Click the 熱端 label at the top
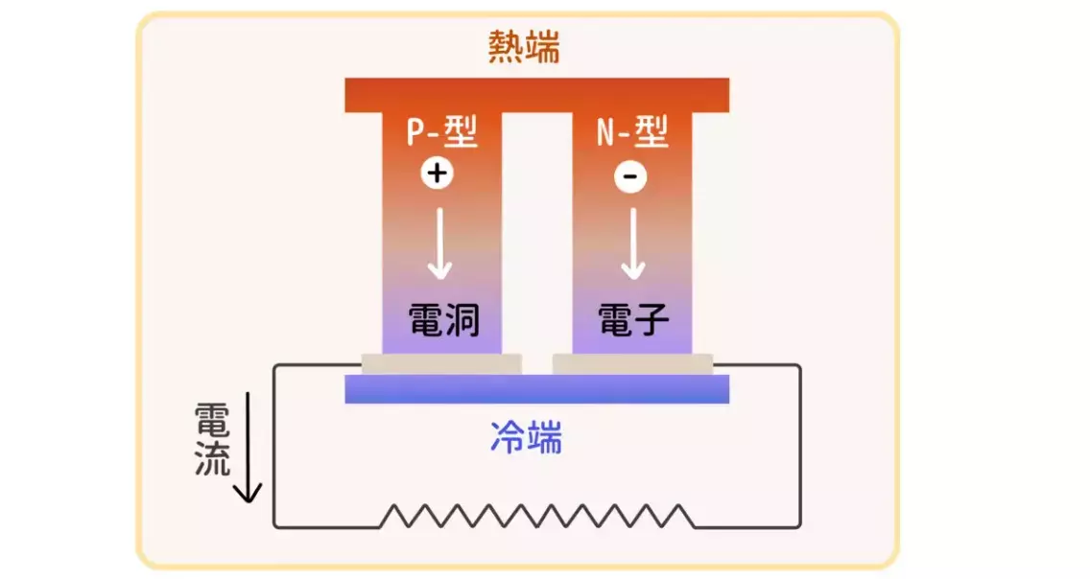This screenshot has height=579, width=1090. point(523,47)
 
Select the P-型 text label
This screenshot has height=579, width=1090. point(440,132)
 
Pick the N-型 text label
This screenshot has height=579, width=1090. point(632,132)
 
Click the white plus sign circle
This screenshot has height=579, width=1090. point(437,174)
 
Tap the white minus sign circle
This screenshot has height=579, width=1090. point(630,177)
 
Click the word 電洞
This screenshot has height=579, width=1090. point(442,319)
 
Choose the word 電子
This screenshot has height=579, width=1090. point(631,319)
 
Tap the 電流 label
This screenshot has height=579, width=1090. point(212,439)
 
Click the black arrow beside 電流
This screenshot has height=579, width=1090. point(248,447)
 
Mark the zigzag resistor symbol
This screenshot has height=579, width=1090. point(536,516)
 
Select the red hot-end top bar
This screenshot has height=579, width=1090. point(536,95)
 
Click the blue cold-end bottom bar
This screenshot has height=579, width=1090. point(536,388)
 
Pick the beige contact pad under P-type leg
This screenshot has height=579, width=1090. point(440,364)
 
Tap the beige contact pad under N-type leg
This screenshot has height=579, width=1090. point(632,364)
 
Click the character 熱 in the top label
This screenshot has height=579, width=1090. point(506,47)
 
